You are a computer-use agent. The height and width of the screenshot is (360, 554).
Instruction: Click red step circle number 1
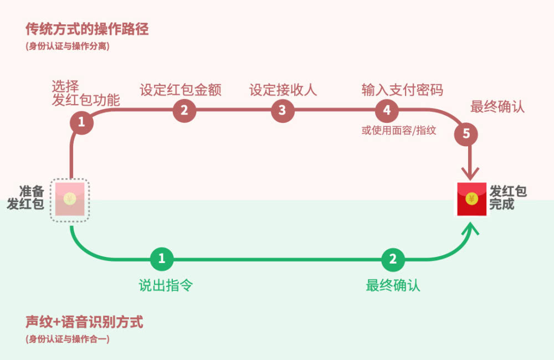[x=81, y=122]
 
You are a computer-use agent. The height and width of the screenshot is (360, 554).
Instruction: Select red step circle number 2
[x=184, y=110]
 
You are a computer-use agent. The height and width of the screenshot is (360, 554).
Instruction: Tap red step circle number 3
[x=283, y=110]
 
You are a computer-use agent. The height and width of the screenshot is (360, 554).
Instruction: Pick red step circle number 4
[x=387, y=110]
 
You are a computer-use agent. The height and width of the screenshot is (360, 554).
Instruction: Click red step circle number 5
[x=466, y=134]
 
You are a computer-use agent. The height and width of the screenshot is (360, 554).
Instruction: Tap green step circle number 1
[x=162, y=259]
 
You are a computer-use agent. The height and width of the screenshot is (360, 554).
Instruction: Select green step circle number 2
[x=393, y=259]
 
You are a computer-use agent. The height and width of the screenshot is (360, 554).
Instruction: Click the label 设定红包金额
[x=181, y=90]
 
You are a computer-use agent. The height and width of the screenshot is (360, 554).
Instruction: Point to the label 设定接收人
[x=283, y=90]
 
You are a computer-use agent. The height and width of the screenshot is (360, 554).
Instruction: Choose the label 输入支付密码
[x=402, y=90]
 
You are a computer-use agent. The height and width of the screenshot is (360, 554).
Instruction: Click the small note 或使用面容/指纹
[x=398, y=130]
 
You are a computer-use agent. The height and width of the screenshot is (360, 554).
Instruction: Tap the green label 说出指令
[x=166, y=285]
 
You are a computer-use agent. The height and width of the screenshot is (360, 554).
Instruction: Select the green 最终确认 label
[x=393, y=285]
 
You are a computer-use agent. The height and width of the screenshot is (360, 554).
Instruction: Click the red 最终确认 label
[x=497, y=106]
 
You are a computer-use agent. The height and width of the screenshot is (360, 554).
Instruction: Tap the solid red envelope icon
[x=471, y=199]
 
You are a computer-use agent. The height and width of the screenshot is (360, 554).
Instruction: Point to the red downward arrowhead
[x=470, y=173]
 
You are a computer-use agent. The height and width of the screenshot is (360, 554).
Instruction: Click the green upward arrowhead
[x=470, y=228]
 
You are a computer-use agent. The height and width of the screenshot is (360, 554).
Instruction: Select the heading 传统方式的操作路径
[x=87, y=29]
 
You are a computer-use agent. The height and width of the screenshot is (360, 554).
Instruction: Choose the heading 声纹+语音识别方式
[x=84, y=322]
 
